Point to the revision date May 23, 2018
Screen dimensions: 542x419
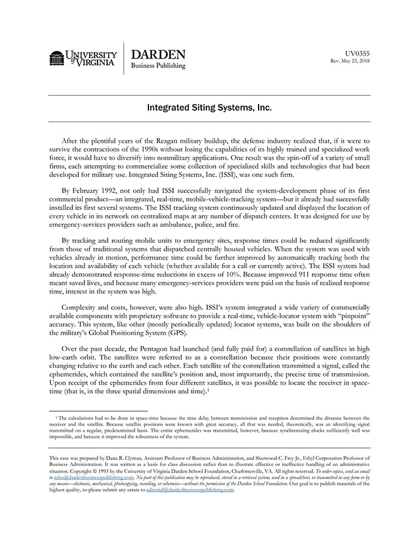click(357, 61)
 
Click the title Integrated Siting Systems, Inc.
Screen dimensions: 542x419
click(209, 108)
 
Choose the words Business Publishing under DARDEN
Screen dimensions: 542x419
click(158, 66)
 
